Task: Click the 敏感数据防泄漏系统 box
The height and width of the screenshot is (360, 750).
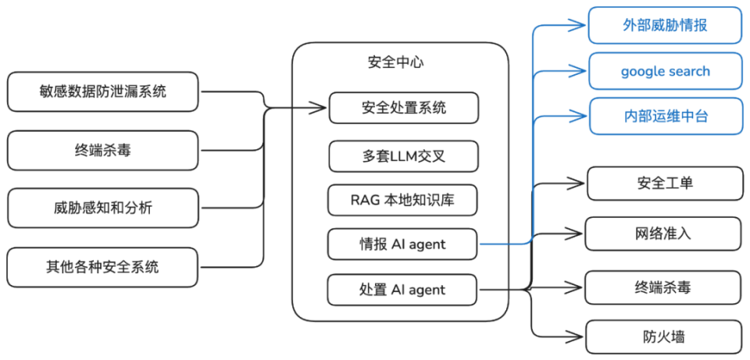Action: [103, 92]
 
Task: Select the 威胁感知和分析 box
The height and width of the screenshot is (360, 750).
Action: [103, 208]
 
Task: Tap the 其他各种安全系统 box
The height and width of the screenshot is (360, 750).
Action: [103, 267]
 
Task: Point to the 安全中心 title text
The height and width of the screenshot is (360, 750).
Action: [395, 62]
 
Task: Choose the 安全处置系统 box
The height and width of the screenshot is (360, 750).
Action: [404, 108]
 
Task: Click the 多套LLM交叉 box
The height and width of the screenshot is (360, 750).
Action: [404, 156]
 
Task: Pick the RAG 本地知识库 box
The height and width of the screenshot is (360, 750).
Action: [403, 200]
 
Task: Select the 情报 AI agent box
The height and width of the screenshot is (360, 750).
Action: [403, 244]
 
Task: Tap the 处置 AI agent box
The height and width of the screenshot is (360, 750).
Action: [403, 290]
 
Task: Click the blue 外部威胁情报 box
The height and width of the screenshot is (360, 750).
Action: [665, 25]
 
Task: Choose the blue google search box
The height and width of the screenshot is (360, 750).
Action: [665, 71]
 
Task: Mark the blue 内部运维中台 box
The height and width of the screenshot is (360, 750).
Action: [665, 116]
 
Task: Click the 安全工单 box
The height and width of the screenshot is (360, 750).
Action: [665, 183]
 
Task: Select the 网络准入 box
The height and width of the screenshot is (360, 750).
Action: [664, 233]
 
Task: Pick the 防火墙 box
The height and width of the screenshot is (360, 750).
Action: [664, 337]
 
